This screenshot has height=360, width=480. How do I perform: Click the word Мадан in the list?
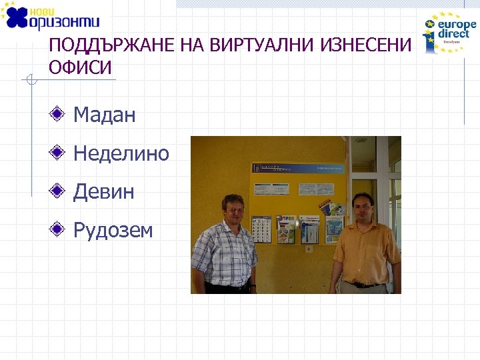pos(104,115)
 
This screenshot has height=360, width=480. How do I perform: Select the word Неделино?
pos(121,154)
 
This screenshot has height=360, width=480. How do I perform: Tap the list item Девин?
pos(103,192)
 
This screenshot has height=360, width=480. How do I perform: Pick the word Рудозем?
pos(113,231)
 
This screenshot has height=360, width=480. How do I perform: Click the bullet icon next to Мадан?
pos(59,115)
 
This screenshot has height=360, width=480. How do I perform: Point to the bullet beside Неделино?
pos(59,153)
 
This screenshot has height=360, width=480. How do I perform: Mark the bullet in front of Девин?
pos(59,192)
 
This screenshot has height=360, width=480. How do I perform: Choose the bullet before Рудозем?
pos(59,231)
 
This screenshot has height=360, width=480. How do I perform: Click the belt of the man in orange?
pos(364,285)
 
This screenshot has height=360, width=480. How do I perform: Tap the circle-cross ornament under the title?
pos(29,81)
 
